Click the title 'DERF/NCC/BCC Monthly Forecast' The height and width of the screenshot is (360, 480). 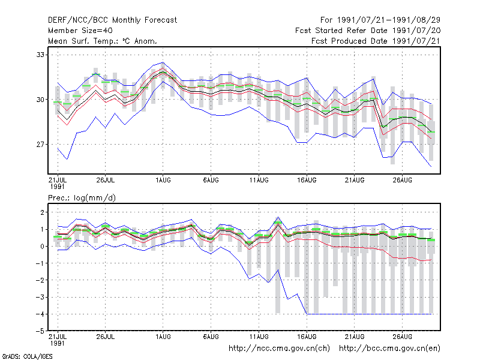tap(112, 20)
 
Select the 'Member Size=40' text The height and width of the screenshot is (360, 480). tap(80, 31)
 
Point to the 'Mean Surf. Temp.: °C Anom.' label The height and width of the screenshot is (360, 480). tap(102, 41)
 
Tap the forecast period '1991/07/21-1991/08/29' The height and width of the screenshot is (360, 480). tap(389, 20)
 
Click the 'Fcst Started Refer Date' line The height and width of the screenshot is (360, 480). tap(341, 31)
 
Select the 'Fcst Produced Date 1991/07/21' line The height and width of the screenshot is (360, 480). tap(376, 41)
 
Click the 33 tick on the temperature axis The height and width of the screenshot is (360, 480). tap(40, 55)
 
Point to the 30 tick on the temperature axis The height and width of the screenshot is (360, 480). tap(40, 100)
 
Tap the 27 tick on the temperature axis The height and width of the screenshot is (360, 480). tap(40, 144)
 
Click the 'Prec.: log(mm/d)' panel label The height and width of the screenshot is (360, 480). tap(82, 198)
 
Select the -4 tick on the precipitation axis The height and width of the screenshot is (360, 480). tap(40, 314)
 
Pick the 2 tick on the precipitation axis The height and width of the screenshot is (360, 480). tap(42, 212)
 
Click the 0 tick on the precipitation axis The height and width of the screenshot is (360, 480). tap(42, 246)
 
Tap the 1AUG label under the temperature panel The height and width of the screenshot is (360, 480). tap(163, 181)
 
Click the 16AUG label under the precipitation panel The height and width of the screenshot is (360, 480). tap(307, 337)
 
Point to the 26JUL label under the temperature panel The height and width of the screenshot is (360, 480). tap(106, 181)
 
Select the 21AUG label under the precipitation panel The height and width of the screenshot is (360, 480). tap(355, 337)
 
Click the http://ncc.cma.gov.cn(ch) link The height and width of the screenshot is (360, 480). tap(279, 349)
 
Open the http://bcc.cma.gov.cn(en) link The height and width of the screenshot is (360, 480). tap(389, 349)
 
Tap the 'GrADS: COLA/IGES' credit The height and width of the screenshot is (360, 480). tap(27, 356)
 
